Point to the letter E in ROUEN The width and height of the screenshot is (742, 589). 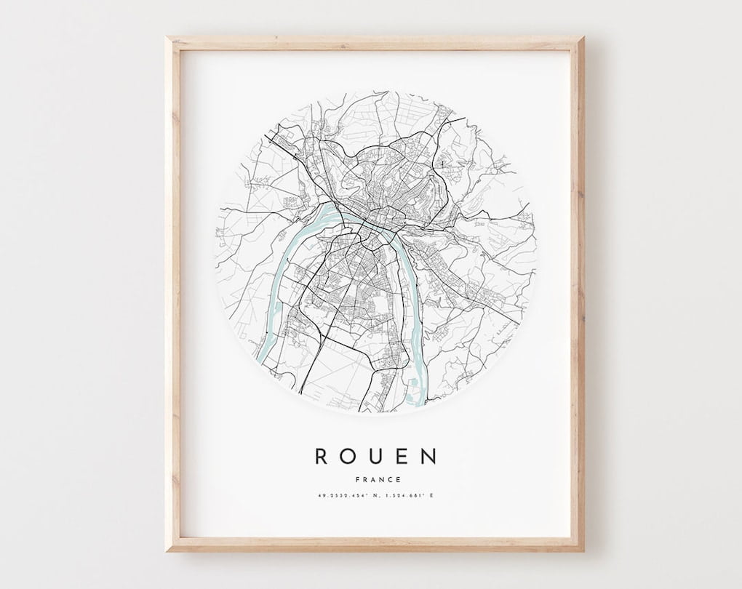(x=402, y=456)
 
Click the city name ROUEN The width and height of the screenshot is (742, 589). (x=376, y=456)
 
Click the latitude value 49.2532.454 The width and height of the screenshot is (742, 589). (x=345, y=497)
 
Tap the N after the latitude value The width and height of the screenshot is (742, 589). (x=379, y=497)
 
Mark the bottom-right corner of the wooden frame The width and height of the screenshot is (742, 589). (x=583, y=550)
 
